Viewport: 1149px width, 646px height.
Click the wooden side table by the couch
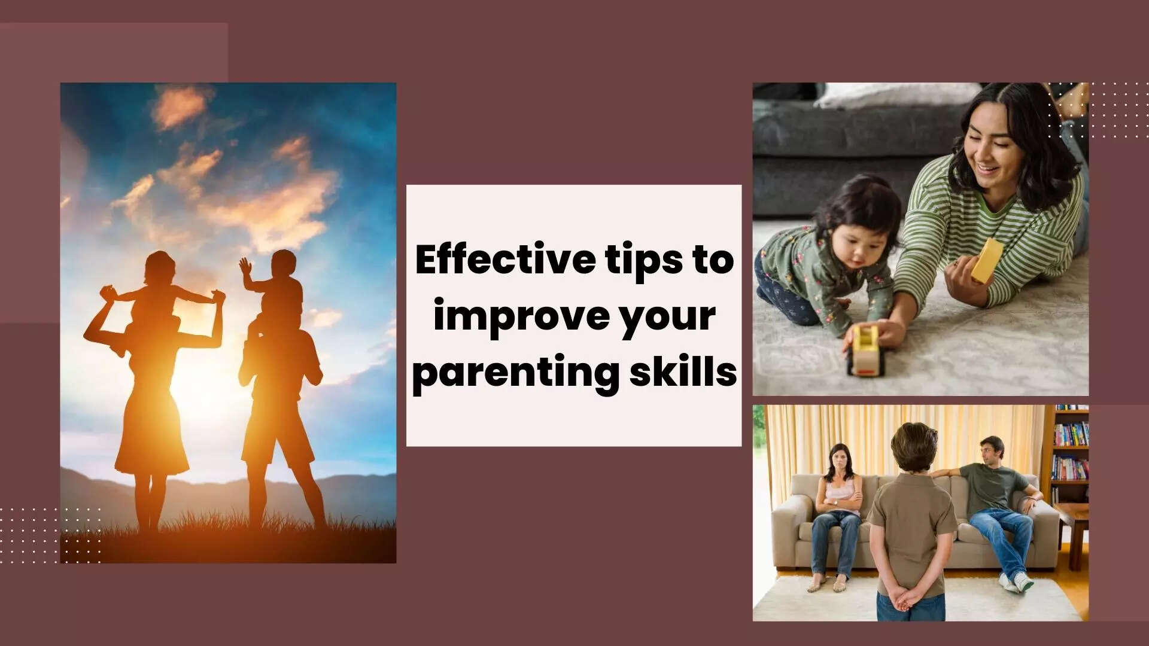(x=1072, y=526)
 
